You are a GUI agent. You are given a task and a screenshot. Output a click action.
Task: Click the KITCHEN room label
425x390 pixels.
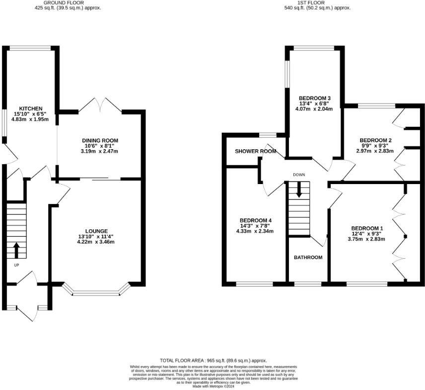31,108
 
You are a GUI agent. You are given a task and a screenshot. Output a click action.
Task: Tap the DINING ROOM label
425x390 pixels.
100,141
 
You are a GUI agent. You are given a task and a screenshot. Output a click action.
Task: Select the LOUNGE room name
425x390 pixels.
96,231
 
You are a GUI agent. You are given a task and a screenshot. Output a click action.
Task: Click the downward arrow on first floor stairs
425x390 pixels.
298,190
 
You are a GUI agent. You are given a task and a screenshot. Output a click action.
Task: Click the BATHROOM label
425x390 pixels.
308,258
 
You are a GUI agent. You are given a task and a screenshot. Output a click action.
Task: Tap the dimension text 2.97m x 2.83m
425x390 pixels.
374,151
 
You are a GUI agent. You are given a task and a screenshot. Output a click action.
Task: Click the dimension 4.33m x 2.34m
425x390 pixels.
255,231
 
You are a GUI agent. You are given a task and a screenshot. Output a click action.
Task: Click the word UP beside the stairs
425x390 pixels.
16,265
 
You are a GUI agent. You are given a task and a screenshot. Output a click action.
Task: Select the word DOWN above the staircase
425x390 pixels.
298,175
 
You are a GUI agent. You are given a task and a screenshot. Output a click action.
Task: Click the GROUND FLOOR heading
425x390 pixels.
66,2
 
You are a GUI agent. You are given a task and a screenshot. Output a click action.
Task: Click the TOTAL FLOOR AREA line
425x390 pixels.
213,360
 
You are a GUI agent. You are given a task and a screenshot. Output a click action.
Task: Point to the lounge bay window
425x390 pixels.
96,294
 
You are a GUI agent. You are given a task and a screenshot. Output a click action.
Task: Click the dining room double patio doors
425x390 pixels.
101,105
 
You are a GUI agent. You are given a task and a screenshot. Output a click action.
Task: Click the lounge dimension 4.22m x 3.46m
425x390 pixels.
96,242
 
